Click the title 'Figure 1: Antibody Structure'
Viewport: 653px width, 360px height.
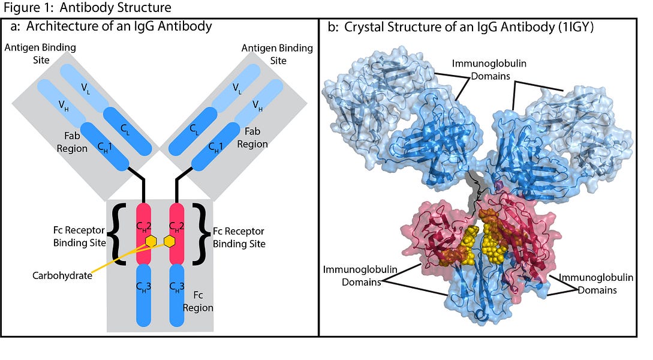coord(88,7)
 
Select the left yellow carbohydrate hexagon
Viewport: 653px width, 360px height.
coord(151,241)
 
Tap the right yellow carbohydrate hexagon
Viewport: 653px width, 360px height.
coord(169,241)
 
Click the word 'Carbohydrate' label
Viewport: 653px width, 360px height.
coord(62,275)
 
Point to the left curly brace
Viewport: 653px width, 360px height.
coord(119,234)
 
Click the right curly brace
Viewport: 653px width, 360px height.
coord(200,234)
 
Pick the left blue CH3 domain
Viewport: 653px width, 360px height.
coord(144,295)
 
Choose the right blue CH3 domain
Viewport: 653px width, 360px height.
coord(177,295)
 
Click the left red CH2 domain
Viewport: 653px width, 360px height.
coord(144,234)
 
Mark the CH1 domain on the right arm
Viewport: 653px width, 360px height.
coord(216,146)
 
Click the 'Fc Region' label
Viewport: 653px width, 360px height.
coord(198,301)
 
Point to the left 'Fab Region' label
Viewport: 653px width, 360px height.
coord(72,142)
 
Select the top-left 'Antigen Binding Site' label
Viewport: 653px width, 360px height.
coord(40,53)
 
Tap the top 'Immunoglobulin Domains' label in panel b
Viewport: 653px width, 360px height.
coord(489,70)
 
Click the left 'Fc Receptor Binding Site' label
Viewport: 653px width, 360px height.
coord(80,236)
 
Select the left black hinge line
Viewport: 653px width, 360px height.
coord(137,184)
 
